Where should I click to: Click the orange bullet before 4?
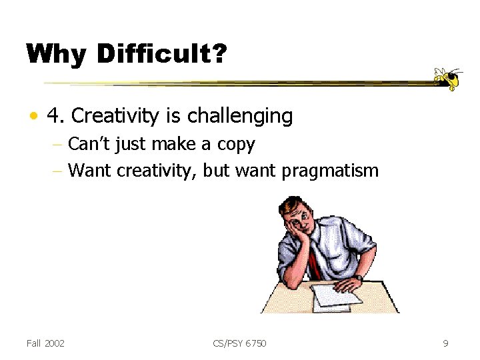click(32, 117)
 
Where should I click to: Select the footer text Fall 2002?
click(45, 343)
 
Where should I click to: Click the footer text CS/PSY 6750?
click(239, 343)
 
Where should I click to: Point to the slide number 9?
click(445, 343)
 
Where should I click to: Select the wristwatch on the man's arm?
click(359, 277)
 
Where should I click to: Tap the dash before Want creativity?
click(59, 171)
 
